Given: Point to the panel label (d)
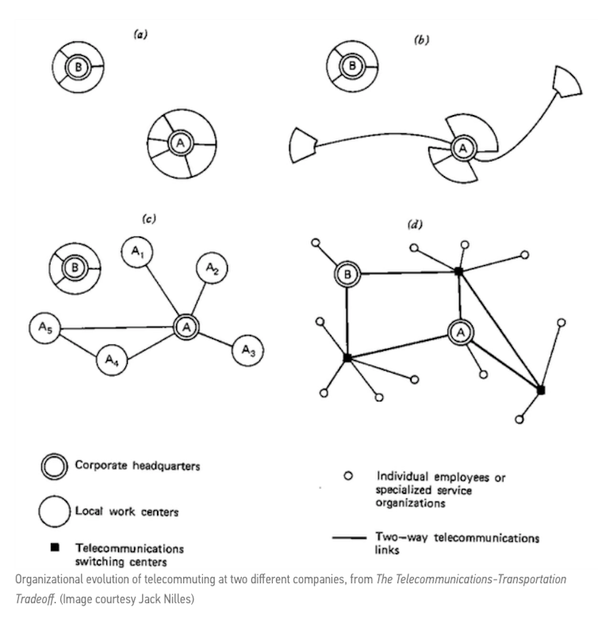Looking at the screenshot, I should (414, 225).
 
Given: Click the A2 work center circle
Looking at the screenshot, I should (211, 270).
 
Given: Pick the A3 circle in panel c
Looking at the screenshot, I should (249, 349).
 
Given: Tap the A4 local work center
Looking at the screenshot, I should (113, 361).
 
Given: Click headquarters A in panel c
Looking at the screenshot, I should (185, 326).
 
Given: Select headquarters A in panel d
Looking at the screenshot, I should (459, 331).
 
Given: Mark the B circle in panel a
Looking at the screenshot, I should (79, 67).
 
